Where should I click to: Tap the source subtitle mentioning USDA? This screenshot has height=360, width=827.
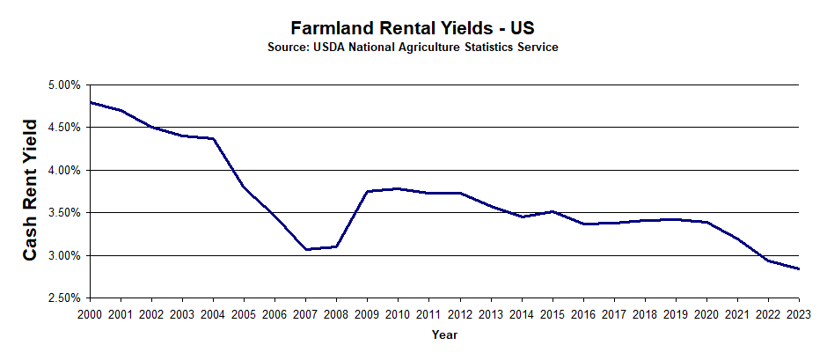[x=413, y=47]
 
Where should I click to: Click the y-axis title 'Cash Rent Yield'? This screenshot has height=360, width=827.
[x=30, y=190]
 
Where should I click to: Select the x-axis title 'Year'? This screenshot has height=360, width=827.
[x=444, y=334]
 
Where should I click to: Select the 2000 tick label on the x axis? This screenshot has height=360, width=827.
[x=91, y=313]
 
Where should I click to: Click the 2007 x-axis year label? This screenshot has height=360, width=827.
[x=306, y=313]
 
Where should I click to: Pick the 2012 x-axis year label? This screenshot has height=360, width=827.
[x=460, y=313]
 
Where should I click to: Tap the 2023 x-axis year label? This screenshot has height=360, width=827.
[x=799, y=313]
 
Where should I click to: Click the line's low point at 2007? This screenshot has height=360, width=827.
[x=306, y=249]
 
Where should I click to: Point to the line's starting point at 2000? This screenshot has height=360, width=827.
[x=91, y=102]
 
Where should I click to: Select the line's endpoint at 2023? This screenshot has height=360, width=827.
[x=799, y=268]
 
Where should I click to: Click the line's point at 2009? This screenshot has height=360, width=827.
[x=368, y=191]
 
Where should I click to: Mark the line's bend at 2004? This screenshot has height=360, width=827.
[x=214, y=138]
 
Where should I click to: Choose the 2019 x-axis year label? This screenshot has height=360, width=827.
[x=676, y=313]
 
